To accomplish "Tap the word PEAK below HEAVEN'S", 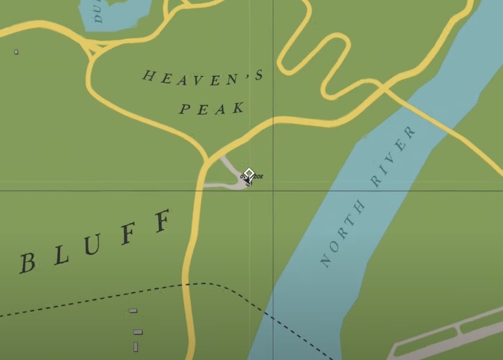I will click(212, 108).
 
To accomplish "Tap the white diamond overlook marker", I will click(249, 173).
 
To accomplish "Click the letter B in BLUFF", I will click(27, 263).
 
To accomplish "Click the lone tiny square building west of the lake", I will click(16, 52).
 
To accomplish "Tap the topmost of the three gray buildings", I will click(133, 311).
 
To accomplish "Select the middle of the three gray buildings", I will click(137, 332).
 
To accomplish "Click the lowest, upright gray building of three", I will click(135, 346).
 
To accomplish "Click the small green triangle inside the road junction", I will click(96, 49).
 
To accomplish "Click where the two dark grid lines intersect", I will click(272, 189).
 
